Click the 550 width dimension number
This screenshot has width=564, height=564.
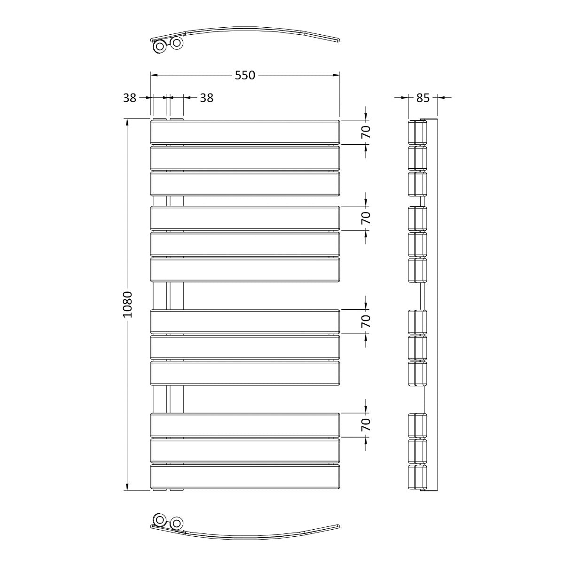tap(245, 75)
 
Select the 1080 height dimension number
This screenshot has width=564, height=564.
tap(128, 305)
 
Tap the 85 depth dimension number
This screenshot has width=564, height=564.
tap(423, 98)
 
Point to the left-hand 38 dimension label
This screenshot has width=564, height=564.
tap(130, 98)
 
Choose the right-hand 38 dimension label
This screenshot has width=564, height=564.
tap(207, 98)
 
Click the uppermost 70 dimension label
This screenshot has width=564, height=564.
tap(366, 132)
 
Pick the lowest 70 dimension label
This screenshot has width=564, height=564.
tap(366, 425)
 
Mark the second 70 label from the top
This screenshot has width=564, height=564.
tap(366, 218)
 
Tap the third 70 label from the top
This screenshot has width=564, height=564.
tap(366, 321)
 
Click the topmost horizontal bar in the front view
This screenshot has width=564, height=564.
tap(245, 132)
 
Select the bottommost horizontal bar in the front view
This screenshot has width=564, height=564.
tap(245, 477)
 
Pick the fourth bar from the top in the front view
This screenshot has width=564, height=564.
tap(245, 218)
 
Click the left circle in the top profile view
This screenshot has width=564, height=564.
tap(160, 46)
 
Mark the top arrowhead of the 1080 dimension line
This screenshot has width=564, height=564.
tap(127, 121)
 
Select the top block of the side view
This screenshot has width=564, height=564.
tap(417, 132)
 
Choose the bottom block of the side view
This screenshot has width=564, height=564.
tap(417, 477)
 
